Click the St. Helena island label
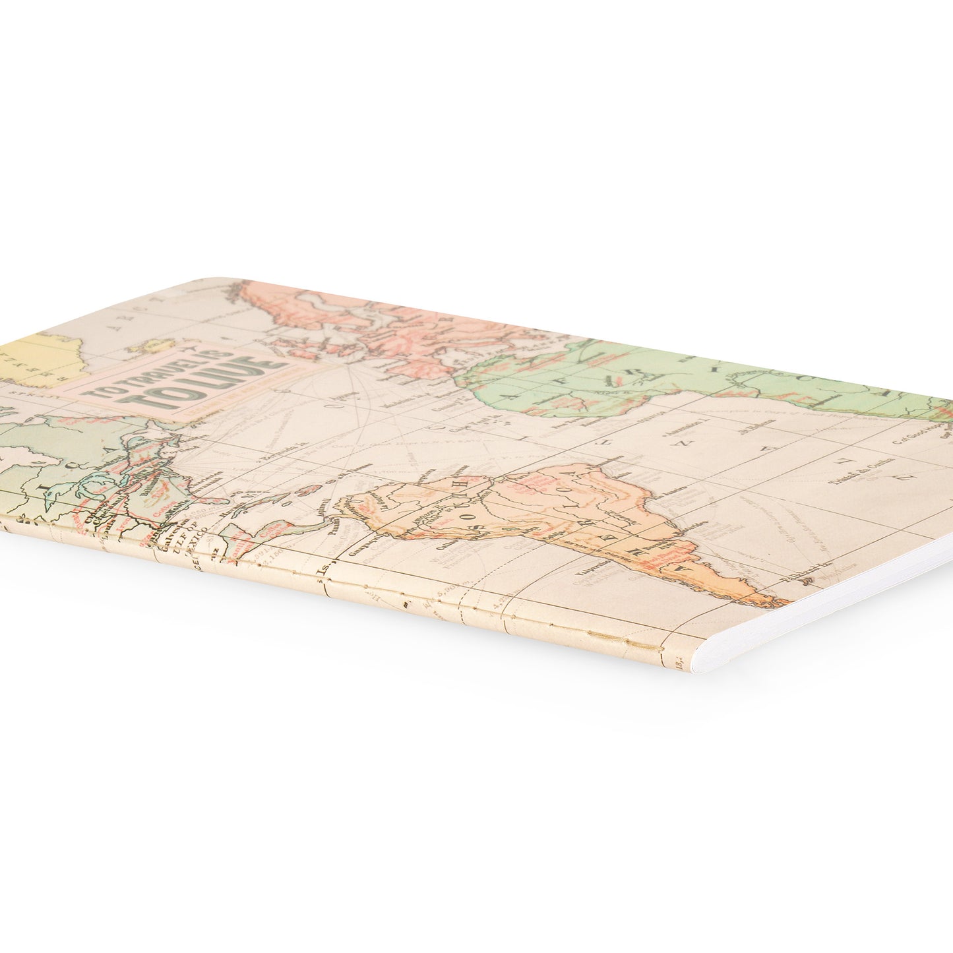[x=752, y=433]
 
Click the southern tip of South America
[x=778, y=601]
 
